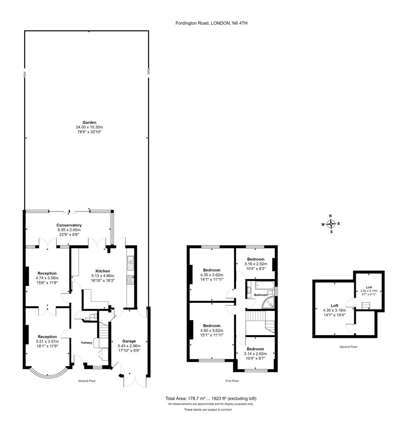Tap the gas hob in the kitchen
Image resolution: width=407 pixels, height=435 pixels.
point(130,280)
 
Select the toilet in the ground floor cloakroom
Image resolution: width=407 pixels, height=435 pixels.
point(94,316)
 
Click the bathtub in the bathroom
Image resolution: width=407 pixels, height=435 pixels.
point(264,285)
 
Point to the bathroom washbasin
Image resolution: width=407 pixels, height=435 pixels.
point(249,290)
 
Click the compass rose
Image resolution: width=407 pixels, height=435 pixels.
point(331,224)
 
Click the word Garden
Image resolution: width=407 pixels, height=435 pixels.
point(90,122)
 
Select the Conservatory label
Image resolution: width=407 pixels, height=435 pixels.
point(69,225)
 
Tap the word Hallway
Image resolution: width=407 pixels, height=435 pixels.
point(87,343)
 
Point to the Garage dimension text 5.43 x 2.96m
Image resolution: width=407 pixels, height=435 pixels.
point(129,346)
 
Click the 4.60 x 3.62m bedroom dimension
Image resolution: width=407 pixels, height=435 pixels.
point(212,330)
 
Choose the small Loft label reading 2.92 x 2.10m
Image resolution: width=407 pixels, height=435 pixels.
point(369,291)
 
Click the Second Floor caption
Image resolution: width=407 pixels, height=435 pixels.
point(349,347)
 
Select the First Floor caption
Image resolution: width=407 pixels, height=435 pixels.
point(232,381)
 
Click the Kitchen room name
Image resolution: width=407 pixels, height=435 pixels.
point(103,271)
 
